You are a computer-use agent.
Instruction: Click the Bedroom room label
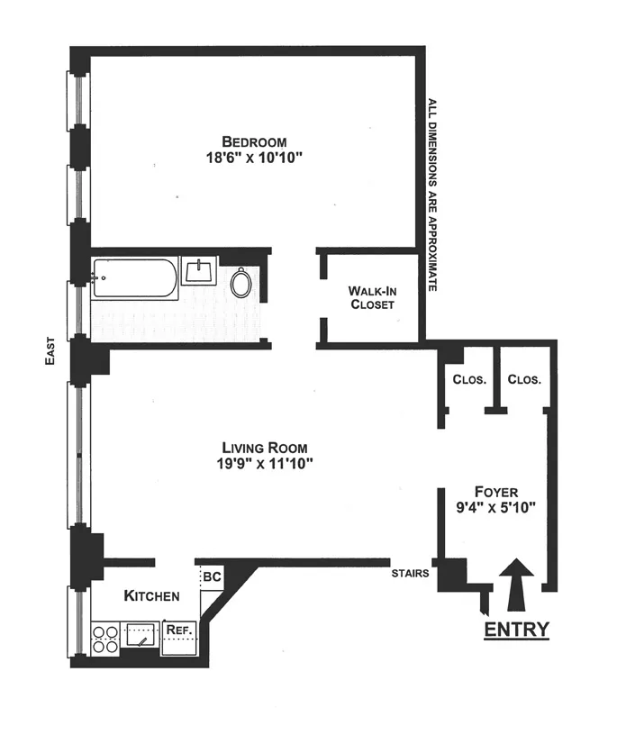(255, 141)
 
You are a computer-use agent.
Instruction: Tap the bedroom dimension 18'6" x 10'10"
(255, 158)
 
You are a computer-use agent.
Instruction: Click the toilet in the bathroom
(242, 283)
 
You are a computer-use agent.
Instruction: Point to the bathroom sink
(198, 269)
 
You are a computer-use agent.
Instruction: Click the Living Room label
(265, 448)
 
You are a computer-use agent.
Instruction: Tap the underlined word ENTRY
(516, 629)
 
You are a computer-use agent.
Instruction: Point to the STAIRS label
(409, 571)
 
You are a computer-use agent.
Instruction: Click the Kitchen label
(151, 595)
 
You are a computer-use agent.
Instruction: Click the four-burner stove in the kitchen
(105, 637)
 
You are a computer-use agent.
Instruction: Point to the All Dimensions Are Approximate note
(432, 194)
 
